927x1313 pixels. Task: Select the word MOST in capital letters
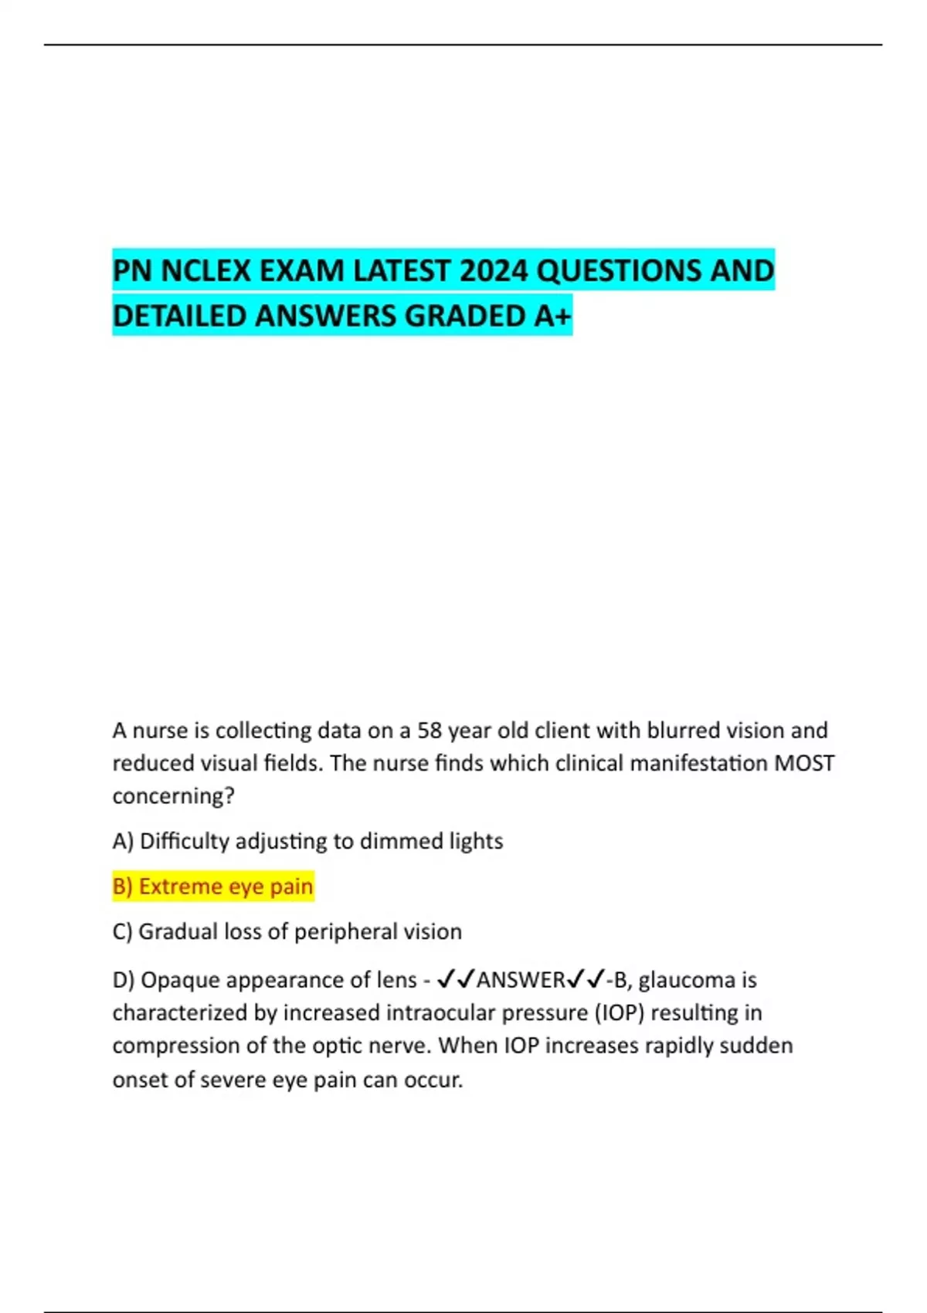[x=804, y=764]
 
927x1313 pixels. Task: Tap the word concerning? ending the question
[x=173, y=796]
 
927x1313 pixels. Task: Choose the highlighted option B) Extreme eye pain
[x=213, y=887]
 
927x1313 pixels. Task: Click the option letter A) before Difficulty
[x=123, y=841]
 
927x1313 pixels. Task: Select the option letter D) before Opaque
[x=124, y=980]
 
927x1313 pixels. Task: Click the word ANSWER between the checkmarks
[x=521, y=980]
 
